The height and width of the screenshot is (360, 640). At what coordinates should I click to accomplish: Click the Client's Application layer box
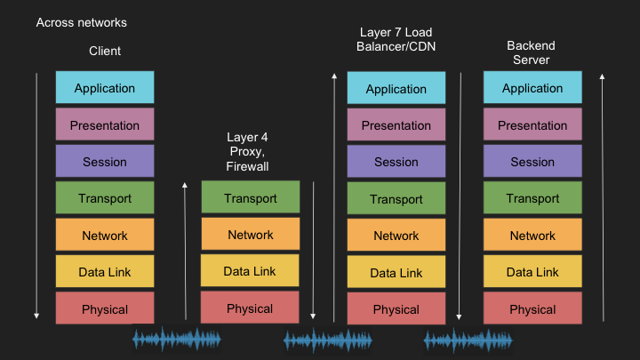click(x=105, y=87)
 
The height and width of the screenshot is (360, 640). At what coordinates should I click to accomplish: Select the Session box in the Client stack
click(x=105, y=161)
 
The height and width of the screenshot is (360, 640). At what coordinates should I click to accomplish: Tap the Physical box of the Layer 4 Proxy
click(x=250, y=308)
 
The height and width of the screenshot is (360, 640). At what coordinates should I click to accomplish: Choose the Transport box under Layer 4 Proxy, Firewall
click(x=250, y=196)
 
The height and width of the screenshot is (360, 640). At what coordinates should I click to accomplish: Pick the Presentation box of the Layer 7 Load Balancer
click(x=396, y=124)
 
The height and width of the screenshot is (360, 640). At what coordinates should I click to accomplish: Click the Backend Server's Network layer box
click(x=532, y=235)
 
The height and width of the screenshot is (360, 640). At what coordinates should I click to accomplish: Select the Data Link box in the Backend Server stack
click(x=532, y=271)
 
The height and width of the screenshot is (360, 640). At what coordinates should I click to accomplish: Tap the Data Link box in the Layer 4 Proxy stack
click(x=250, y=270)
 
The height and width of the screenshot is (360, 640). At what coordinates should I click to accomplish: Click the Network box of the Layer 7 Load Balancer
click(x=396, y=235)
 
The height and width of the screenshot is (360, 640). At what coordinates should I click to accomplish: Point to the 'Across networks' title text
click(x=82, y=22)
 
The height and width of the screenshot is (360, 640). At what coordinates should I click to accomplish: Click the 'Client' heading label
click(x=105, y=51)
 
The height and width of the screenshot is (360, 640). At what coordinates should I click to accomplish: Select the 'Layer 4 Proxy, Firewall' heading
click(x=247, y=152)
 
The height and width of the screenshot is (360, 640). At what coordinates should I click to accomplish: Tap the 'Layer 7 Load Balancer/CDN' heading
click(x=396, y=40)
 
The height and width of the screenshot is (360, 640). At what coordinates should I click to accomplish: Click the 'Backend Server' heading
click(x=531, y=52)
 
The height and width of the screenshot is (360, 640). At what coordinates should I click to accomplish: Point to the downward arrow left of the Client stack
click(x=36, y=196)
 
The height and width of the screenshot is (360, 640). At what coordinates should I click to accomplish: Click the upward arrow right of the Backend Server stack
click(x=603, y=197)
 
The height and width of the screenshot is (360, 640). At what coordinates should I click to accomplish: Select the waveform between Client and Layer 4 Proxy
click(x=177, y=339)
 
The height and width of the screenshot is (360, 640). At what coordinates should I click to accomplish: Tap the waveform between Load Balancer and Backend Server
click(x=468, y=340)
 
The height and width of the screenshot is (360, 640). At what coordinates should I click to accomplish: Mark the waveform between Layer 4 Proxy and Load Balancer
click(x=328, y=340)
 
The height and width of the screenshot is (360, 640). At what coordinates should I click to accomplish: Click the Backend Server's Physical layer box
click(x=532, y=308)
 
